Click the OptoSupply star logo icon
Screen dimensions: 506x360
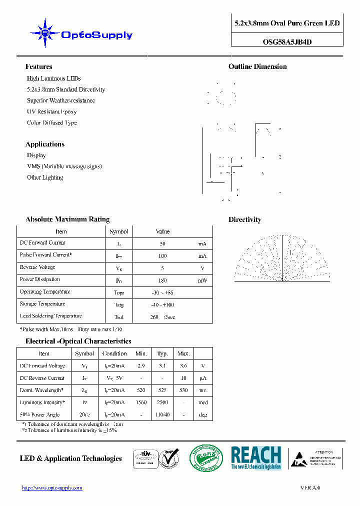[x=45, y=33]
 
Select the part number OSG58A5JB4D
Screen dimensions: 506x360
[x=287, y=42]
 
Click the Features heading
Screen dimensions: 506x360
[x=38, y=66]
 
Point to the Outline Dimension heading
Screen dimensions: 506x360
[x=257, y=66]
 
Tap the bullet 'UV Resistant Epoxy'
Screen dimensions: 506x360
[x=52, y=111]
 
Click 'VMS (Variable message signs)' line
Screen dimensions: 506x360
[x=64, y=166]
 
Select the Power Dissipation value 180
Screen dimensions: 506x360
[x=162, y=280]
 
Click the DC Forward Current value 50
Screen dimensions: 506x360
[x=162, y=244]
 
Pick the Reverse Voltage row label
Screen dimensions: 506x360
[x=37, y=267]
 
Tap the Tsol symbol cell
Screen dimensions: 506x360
[x=118, y=317]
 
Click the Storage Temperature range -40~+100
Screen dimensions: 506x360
[x=162, y=304]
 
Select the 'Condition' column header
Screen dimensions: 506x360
[x=114, y=353]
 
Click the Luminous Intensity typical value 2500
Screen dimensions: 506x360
[x=162, y=402]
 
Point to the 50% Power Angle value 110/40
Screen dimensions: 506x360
[x=162, y=414]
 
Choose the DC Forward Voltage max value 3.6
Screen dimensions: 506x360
[x=184, y=366]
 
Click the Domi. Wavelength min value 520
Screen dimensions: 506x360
[x=141, y=390]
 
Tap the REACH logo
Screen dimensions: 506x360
[x=256, y=457]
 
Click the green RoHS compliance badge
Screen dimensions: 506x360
[x=206, y=458]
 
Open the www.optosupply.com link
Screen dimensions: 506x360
[x=52, y=488]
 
